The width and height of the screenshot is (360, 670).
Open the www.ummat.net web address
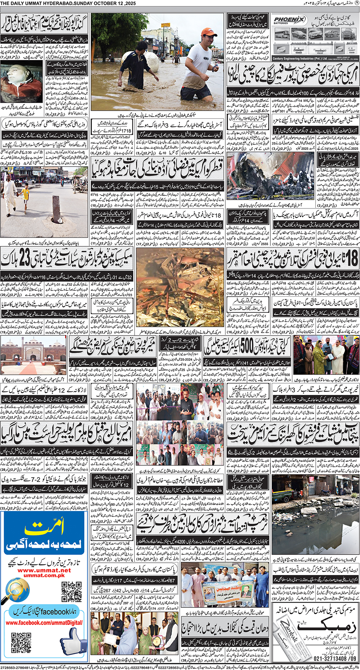coord(44,570)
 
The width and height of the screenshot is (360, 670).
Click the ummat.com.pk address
coord(44,575)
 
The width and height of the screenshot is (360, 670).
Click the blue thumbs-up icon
coord(74,642)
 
